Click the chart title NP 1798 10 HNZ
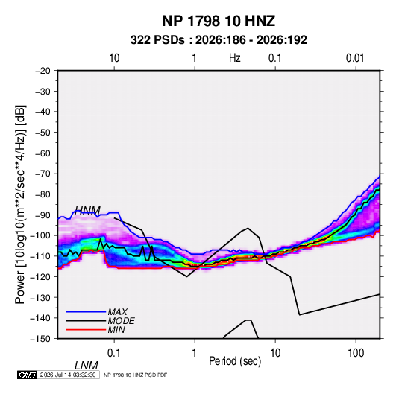(x=219, y=21)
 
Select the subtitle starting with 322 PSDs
(x=219, y=40)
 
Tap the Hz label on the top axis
(x=235, y=58)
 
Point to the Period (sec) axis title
(x=235, y=361)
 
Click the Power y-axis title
(x=20, y=205)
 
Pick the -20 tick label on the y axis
(x=43, y=71)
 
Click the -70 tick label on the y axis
(x=43, y=174)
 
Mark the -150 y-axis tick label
(x=40, y=339)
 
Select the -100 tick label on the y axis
(x=40, y=235)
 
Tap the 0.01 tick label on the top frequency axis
(x=355, y=58)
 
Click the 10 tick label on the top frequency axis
(x=114, y=58)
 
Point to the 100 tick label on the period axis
(x=356, y=353)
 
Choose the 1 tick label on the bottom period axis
(x=194, y=353)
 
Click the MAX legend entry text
(x=117, y=311)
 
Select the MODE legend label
(x=121, y=321)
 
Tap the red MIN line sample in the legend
(x=86, y=330)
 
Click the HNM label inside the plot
(x=87, y=211)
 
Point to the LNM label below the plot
(x=86, y=366)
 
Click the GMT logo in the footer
(x=27, y=375)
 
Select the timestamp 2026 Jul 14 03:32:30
(x=68, y=375)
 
